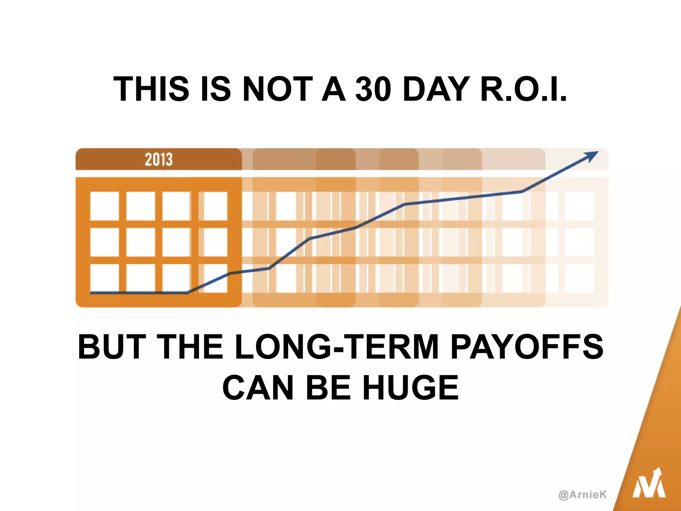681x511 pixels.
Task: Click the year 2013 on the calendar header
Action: (159, 159)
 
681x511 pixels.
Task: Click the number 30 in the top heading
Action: (373, 89)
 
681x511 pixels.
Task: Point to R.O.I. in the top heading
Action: (523, 89)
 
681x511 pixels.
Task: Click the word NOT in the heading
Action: (278, 89)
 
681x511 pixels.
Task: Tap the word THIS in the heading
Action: (152, 89)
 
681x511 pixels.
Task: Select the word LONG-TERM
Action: (337, 347)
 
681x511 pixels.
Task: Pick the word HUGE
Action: (411, 388)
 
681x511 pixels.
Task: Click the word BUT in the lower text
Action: (112, 347)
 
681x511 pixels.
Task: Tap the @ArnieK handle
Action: (583, 495)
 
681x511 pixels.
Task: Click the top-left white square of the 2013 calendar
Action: (104, 206)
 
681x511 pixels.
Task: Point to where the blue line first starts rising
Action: (188, 293)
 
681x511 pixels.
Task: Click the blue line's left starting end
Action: (91, 293)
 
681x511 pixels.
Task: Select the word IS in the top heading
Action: (215, 89)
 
